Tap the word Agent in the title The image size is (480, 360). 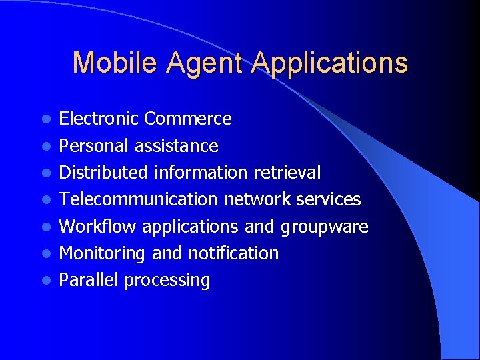tap(206, 63)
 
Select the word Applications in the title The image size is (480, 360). tap(330, 63)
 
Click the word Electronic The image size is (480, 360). tap(99, 119)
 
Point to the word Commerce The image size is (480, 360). tap(188, 119)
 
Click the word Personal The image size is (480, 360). tap(94, 146)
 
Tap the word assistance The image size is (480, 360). tap(176, 146)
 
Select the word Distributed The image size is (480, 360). tap(104, 173)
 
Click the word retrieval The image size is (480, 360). tap(287, 173)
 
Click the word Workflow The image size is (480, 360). tap(98, 227)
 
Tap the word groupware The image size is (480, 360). tap(325, 227)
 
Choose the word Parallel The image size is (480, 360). tap(89, 280)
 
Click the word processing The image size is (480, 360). tap(167, 281)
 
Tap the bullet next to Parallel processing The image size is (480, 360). tap(45, 281)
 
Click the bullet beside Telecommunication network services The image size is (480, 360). tap(45, 200)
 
